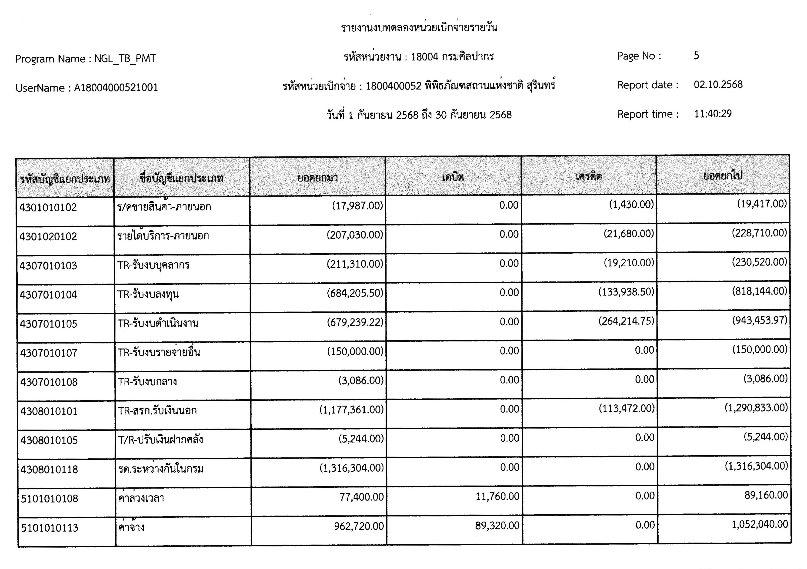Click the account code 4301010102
coord(48,208)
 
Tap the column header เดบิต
coord(453,177)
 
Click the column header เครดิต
coord(588,176)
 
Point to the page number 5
coord(696,56)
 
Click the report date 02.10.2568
coord(718,85)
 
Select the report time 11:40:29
coord(713,114)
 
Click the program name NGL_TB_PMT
coord(125,58)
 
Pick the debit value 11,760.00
coord(497,496)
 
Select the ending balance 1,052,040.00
coord(760,524)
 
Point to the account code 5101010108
coord(50,498)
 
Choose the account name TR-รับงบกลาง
coord(147,381)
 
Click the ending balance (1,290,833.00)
coord(756,408)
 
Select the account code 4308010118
coord(49,469)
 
